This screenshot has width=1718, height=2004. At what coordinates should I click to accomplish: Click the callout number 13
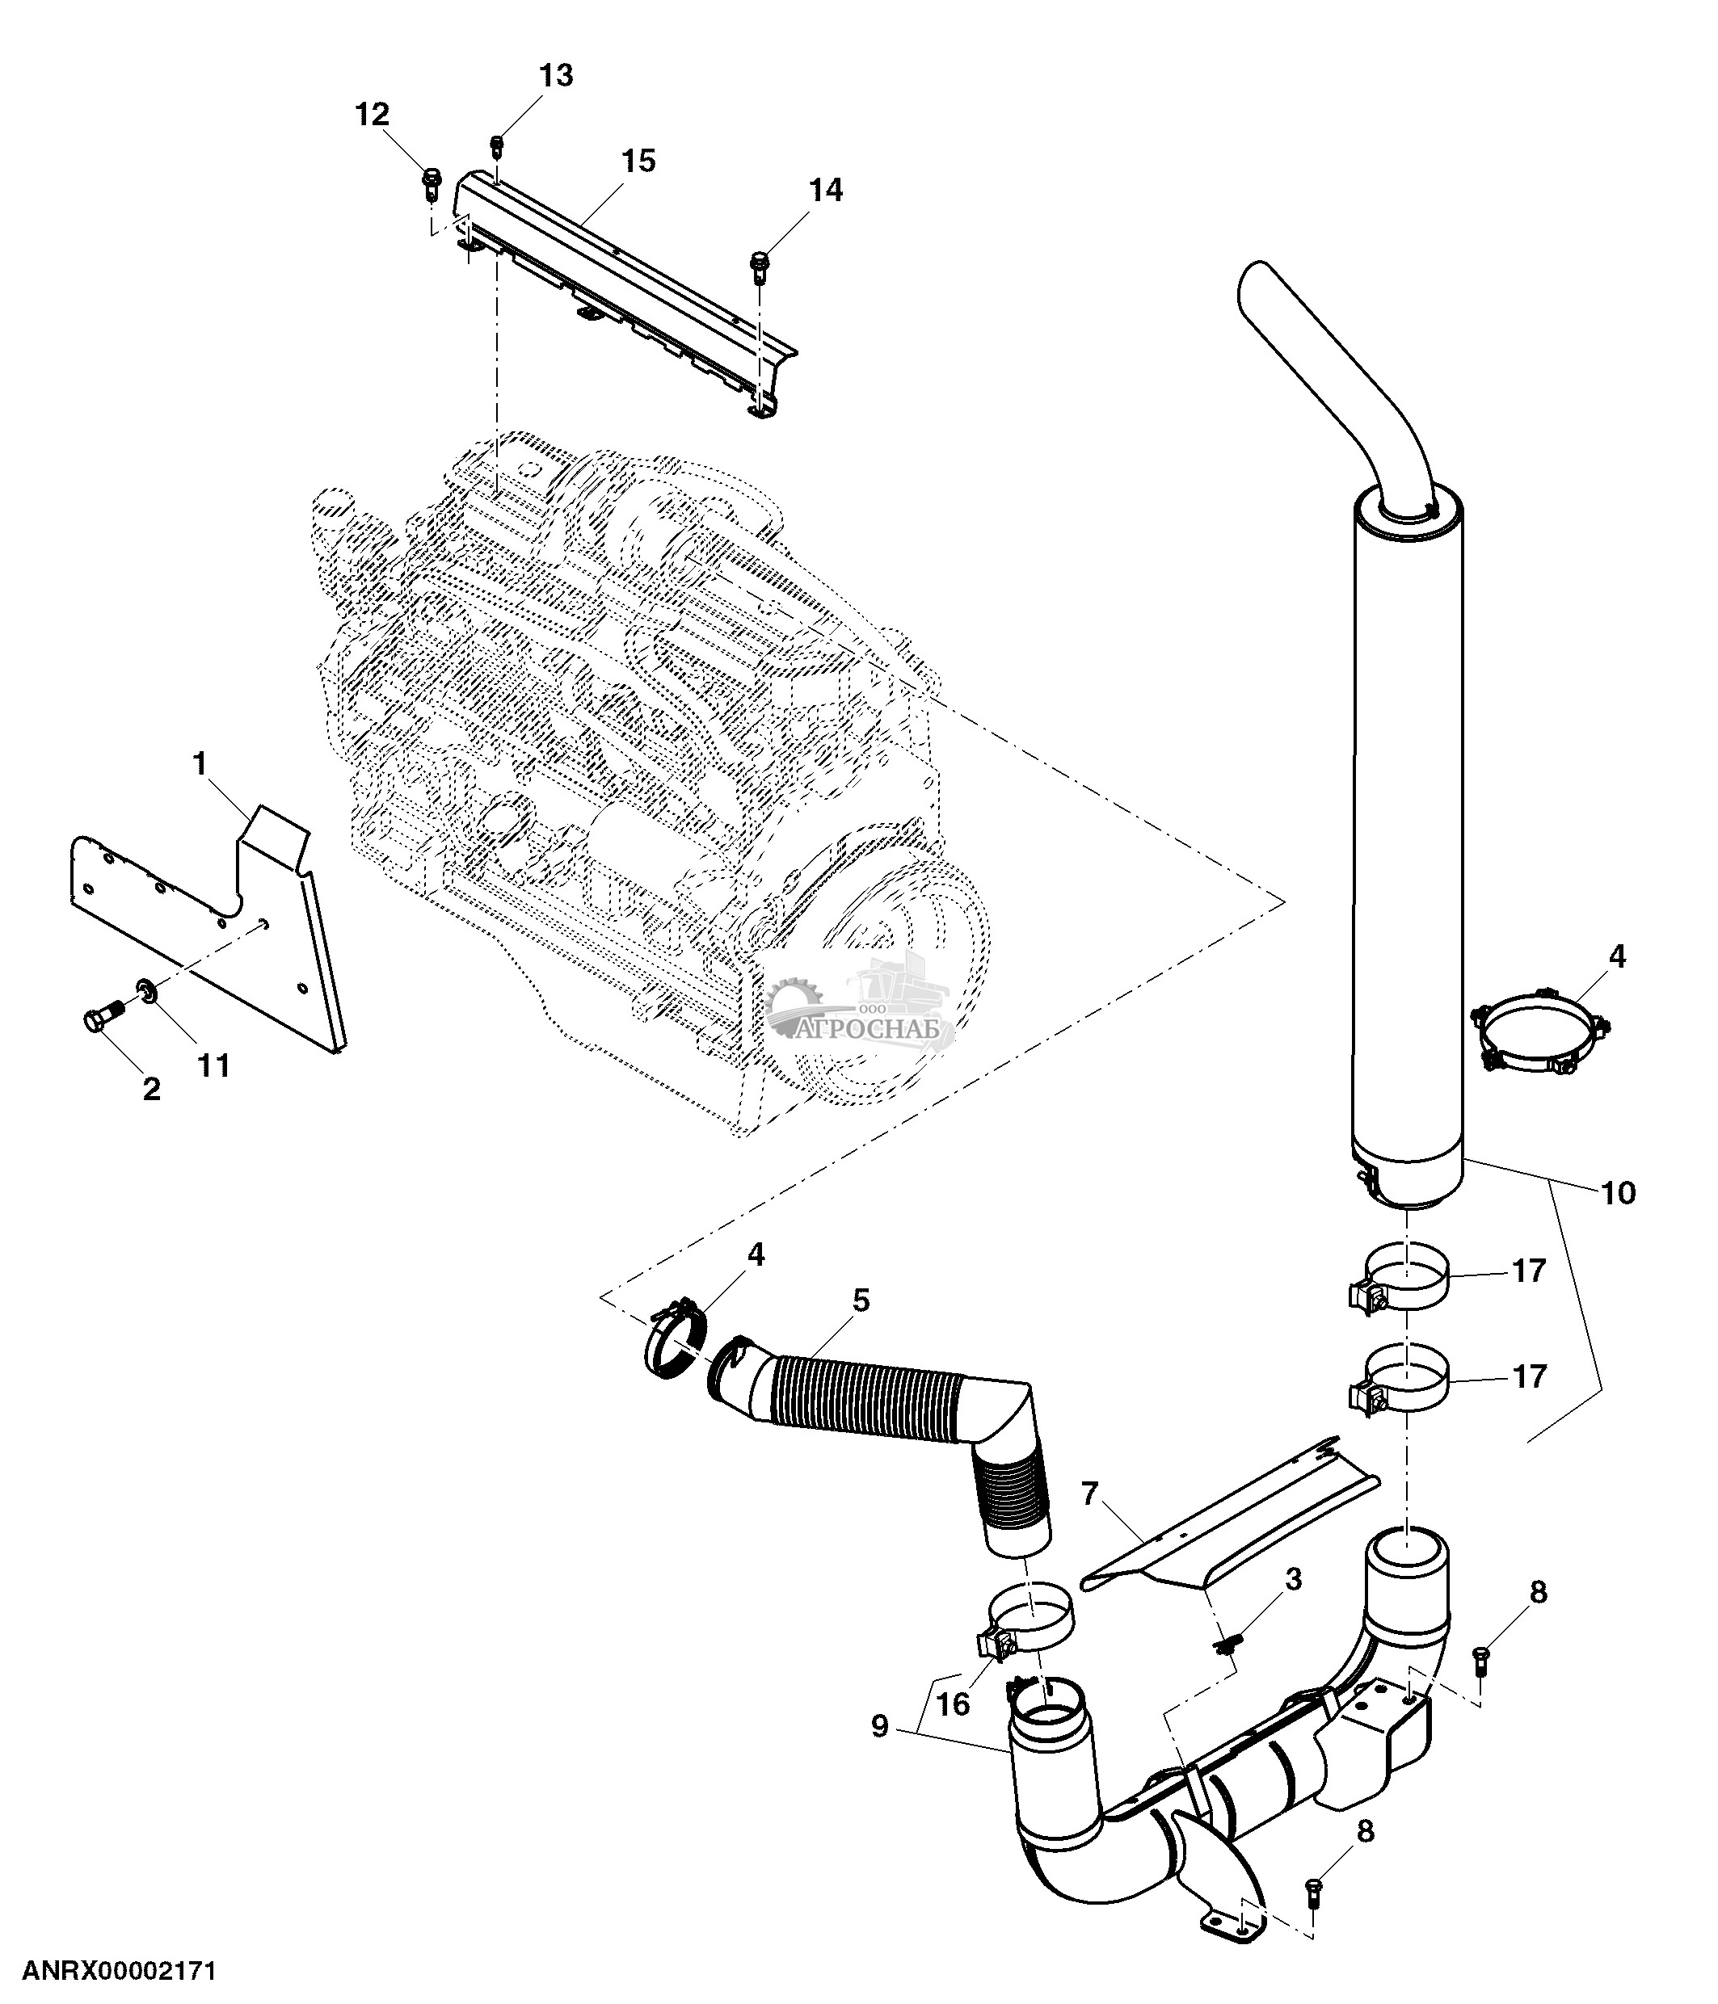555,75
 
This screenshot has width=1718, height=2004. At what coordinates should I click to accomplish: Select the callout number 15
638,161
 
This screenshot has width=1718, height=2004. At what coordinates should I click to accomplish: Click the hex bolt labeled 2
99,1018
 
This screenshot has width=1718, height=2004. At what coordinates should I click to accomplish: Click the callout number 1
200,764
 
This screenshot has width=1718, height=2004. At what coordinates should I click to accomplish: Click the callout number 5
860,1300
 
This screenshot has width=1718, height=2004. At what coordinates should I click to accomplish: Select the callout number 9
878,1726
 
